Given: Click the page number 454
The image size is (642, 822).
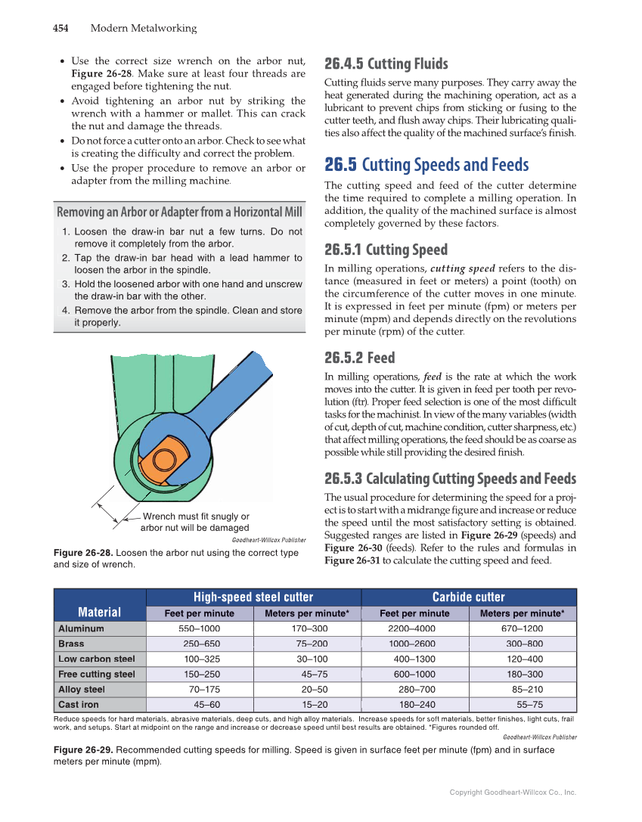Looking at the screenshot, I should coord(60,29).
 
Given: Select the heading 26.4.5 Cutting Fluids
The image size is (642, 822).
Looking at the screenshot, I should coord(386,64).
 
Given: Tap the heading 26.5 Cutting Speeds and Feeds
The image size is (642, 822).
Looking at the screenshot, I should coord(426,165).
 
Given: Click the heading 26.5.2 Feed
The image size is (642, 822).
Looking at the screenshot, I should coord(359,358).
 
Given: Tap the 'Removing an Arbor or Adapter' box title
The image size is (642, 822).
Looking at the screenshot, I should coord(179,211).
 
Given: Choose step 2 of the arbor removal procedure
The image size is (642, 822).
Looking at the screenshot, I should coord(181,264).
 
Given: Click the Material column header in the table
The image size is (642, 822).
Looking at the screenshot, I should coord(99,613).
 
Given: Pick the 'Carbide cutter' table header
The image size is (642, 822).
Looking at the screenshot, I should coord(468,597).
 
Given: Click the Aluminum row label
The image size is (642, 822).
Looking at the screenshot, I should coord(81,628).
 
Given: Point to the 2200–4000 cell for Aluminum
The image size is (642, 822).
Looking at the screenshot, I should coord(411,628).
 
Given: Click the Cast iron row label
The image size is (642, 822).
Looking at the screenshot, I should coord(79,705).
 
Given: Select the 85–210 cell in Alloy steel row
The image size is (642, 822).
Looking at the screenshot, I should coord(527,690).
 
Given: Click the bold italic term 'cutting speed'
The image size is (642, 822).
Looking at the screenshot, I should coord(462,269).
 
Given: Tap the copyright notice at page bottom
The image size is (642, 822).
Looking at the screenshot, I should coord(512,793).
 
